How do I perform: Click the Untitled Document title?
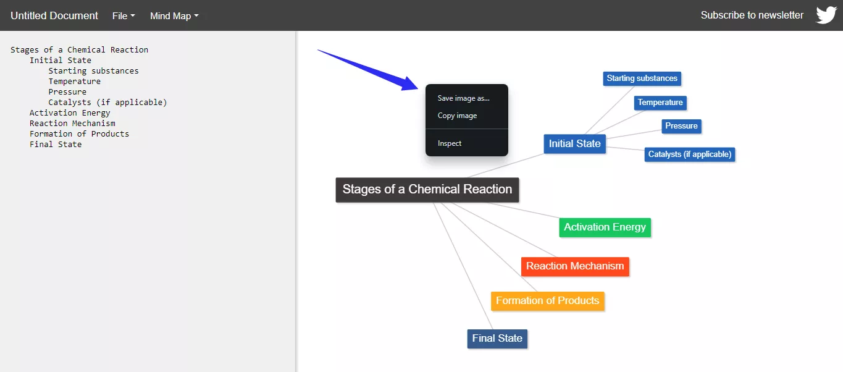coord(54,15)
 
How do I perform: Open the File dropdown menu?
coord(124,16)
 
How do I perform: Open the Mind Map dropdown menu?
coord(174,16)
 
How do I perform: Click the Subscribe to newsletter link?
coord(752,15)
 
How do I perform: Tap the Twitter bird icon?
coord(826,15)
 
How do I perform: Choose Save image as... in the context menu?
coord(463,98)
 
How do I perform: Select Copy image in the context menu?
coord(457,116)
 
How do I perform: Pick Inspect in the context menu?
coord(450,143)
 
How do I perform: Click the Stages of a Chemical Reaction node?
coord(427,190)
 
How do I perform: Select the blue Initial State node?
coord(574,144)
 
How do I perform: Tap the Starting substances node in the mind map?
coord(642,78)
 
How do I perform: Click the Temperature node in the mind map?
coord(660,103)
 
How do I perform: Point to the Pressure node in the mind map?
coord(681,126)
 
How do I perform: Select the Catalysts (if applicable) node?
coord(689,154)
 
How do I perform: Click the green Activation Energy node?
coord(605,227)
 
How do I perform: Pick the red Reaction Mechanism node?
coord(575,266)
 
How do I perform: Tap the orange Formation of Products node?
coord(547,301)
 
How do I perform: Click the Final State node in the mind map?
coord(497,339)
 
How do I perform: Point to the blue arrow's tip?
coord(417,87)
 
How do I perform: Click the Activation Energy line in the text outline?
coord(70,113)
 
